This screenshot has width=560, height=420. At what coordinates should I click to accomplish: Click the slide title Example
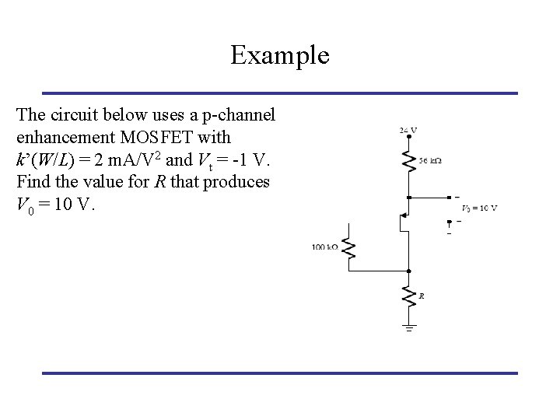(x=280, y=55)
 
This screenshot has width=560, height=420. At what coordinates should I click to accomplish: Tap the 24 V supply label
(x=408, y=130)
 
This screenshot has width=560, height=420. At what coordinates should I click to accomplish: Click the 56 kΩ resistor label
(x=430, y=160)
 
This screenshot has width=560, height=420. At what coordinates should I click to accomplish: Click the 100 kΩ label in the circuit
(x=325, y=247)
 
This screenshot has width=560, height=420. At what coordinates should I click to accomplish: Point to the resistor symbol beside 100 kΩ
(x=349, y=248)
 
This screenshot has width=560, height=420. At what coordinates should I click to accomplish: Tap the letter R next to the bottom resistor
(x=421, y=296)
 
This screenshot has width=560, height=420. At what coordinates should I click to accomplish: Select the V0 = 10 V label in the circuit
(x=479, y=208)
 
